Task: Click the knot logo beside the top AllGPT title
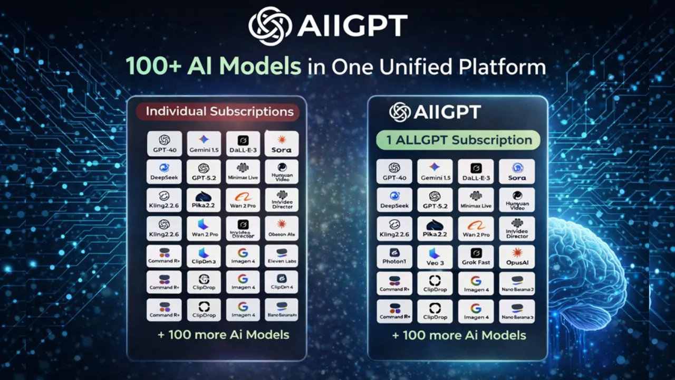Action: (270, 26)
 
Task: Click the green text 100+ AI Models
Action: (213, 67)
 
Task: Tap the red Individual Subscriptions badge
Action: (219, 112)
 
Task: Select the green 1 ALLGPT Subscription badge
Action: (458, 140)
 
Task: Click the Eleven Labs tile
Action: (282, 255)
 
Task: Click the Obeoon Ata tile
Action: (282, 228)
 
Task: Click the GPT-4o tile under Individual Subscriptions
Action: (165, 144)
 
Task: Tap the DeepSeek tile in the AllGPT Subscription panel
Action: (394, 200)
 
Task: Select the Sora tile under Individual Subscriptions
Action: (282, 144)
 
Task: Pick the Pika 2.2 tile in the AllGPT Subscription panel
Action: (435, 228)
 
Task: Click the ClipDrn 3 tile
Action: (204, 255)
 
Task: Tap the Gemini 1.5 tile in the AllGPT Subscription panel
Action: (435, 172)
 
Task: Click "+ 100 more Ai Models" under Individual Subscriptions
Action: (223, 335)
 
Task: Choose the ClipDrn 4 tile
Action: (282, 282)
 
